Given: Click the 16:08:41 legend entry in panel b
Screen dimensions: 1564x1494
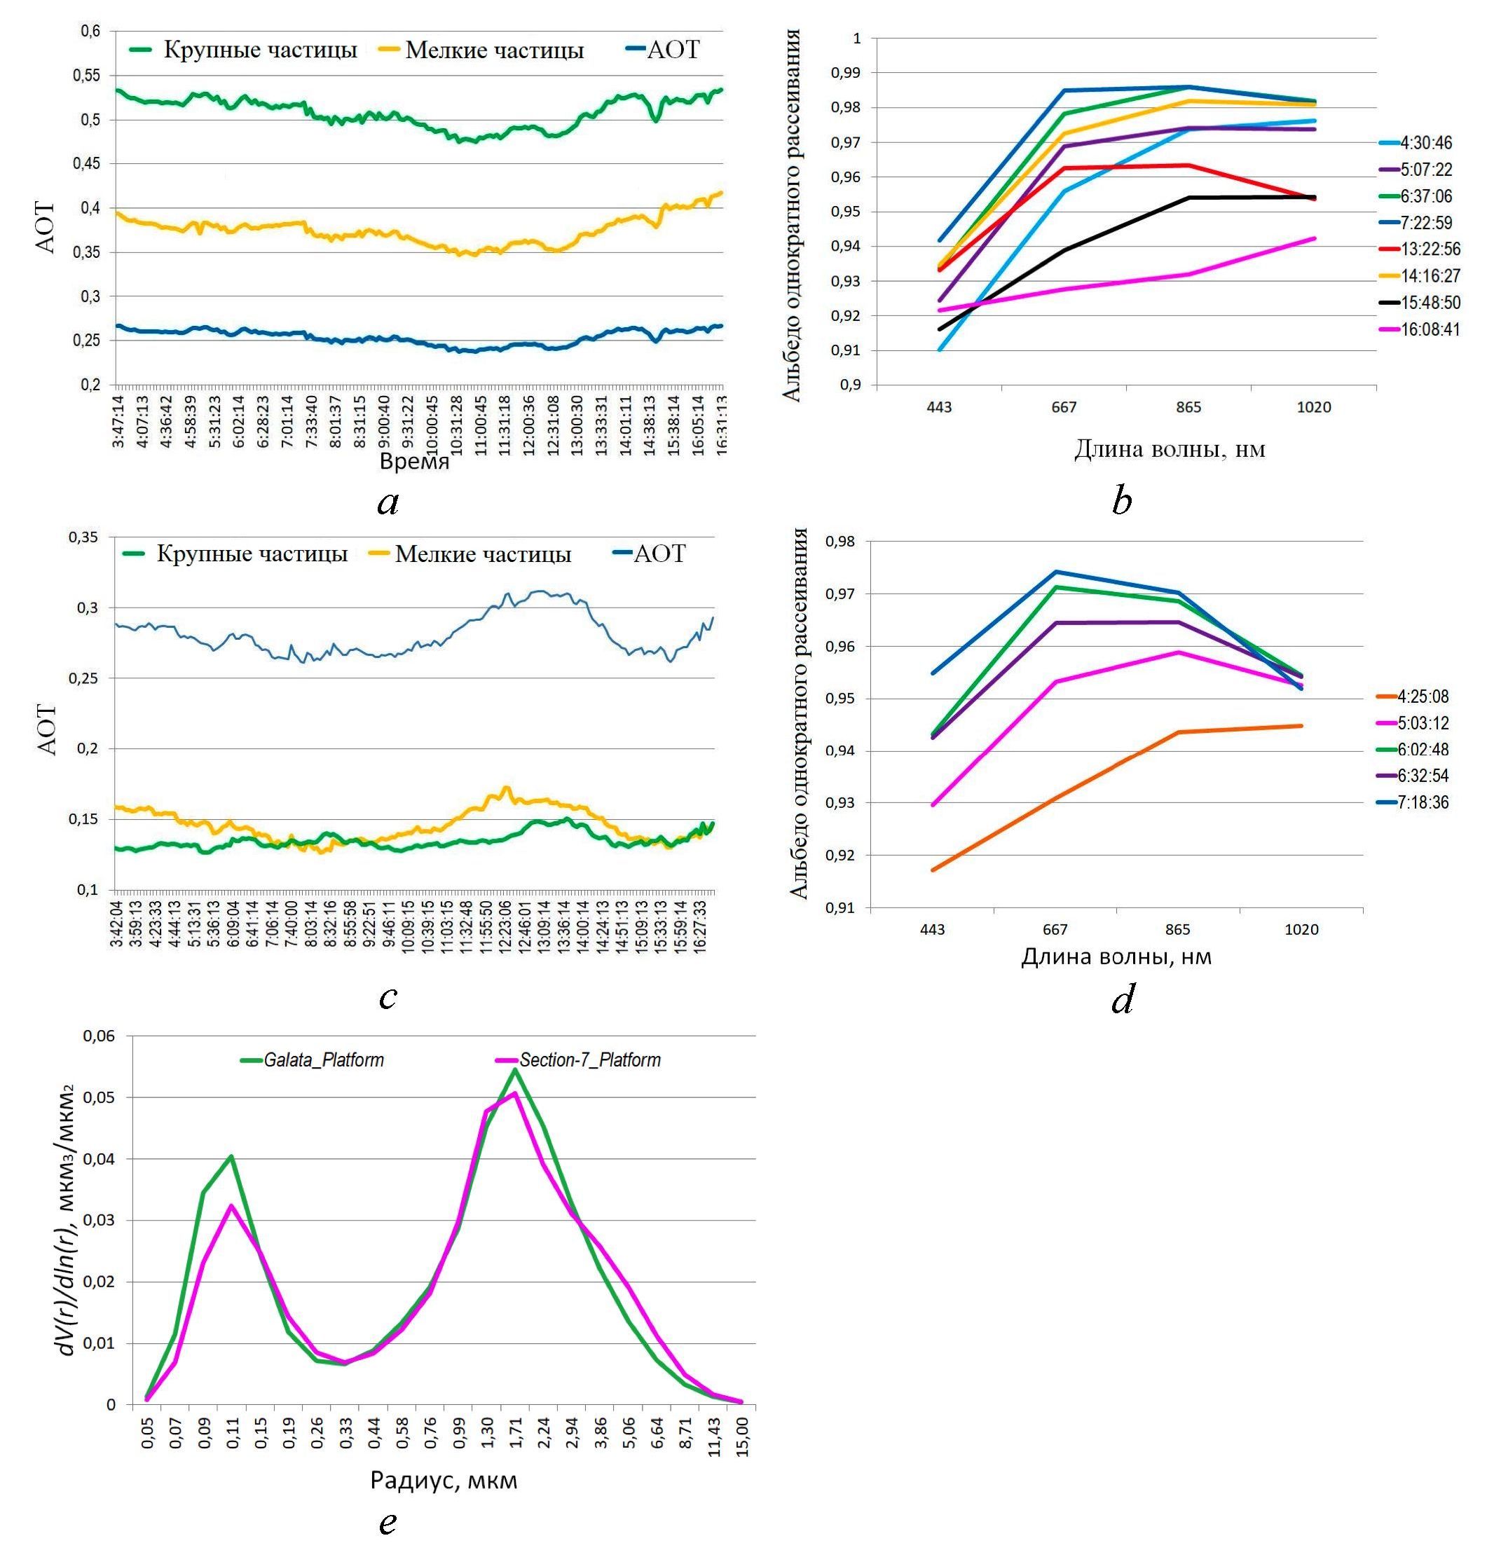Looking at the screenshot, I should pyautogui.click(x=1430, y=329).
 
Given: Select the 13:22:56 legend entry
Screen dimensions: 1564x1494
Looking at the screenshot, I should pyautogui.click(x=1430, y=249).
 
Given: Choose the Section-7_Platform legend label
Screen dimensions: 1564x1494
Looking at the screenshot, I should pyautogui.click(x=590, y=1060).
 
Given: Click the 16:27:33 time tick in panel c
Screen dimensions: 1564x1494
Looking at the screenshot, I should pyautogui.click(x=701, y=923).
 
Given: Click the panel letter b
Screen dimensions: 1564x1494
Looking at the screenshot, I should pyautogui.click(x=1121, y=500).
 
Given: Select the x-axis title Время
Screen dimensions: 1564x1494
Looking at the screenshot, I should pyautogui.click(x=414, y=461).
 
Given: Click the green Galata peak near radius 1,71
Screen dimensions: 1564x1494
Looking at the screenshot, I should pyautogui.click(x=515, y=1069).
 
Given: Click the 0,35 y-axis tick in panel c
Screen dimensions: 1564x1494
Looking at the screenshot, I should pyautogui.click(x=84, y=537).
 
